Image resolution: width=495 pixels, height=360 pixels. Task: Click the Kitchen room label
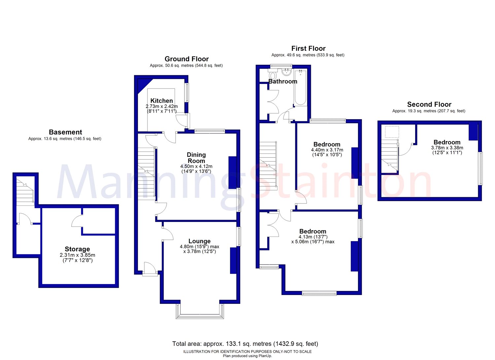162,101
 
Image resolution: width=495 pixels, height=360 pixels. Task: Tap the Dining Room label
196,158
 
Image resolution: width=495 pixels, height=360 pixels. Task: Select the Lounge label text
199,241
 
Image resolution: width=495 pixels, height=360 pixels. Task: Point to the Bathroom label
282,81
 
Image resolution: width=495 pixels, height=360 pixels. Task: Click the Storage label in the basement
77,249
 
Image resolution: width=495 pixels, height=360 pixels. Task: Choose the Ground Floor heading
186,59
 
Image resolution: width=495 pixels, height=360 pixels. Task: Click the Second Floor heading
429,104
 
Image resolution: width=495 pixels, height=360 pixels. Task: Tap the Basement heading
65,132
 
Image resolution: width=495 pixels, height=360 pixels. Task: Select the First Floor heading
308,49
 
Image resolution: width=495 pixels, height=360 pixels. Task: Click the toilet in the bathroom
273,74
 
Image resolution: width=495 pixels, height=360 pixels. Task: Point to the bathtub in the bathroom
300,88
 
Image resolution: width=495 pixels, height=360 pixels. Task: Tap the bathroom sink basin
287,72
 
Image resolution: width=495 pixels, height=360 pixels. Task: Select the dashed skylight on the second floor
392,132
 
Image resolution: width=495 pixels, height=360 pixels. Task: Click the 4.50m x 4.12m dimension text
196,166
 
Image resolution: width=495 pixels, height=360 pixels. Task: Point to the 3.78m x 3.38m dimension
447,148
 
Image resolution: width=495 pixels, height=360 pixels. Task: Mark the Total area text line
245,344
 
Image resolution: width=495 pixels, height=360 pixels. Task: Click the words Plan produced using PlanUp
247,356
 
